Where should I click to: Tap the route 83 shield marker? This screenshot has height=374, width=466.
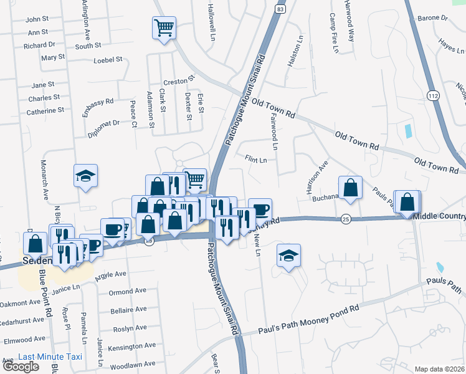(x=281, y=10)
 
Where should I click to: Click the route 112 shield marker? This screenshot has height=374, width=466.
(x=433, y=94)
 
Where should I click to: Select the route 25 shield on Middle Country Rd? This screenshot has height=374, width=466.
(x=346, y=219)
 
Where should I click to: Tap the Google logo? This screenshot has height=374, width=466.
(x=21, y=367)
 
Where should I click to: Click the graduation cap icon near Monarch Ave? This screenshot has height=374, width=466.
(x=85, y=175)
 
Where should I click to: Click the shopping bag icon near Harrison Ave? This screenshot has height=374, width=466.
(x=351, y=187)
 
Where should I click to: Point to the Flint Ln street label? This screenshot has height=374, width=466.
(x=255, y=160)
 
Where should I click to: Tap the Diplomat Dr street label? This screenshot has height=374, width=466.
(x=103, y=123)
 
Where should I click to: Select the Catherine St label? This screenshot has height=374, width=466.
(x=45, y=110)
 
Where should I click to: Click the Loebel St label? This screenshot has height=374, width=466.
(x=107, y=60)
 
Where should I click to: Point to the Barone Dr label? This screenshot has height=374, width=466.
(x=433, y=18)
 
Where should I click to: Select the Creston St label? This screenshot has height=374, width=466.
(x=179, y=82)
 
